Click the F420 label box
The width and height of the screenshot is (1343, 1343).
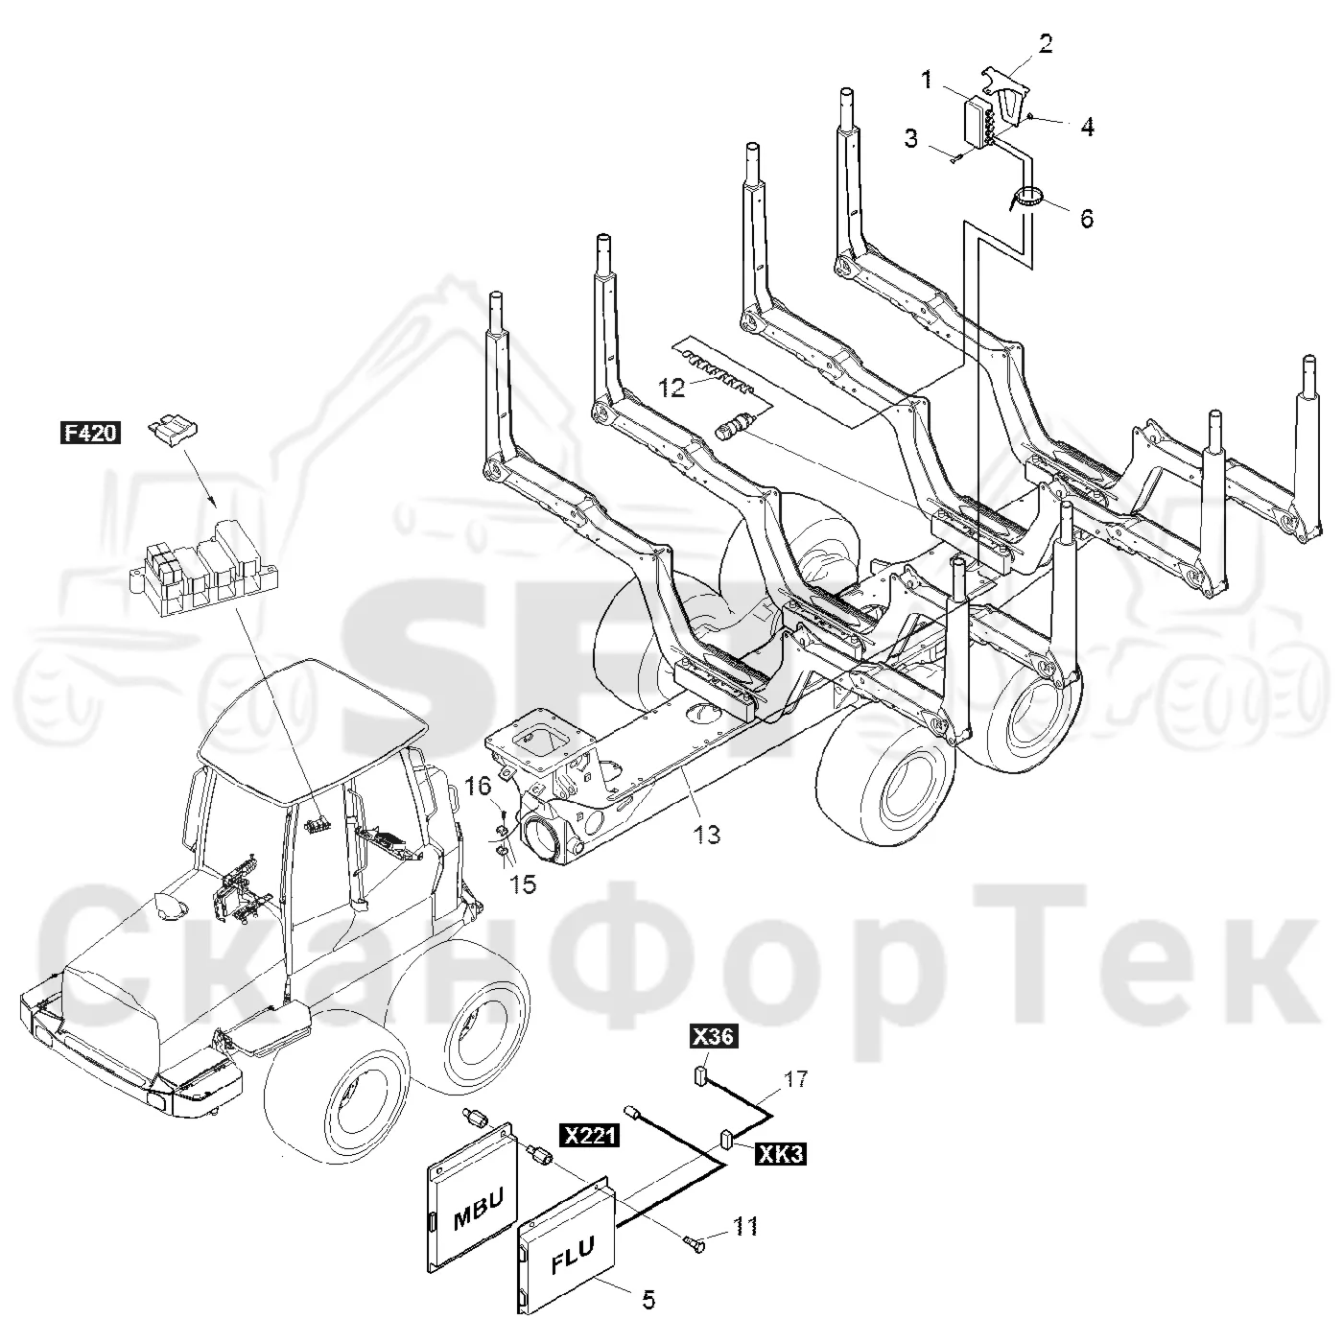90,433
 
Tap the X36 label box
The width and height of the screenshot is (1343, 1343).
713,1036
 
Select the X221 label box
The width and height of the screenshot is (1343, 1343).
590,1137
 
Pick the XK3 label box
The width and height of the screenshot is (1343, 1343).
781,1155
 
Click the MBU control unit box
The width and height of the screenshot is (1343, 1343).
472,1215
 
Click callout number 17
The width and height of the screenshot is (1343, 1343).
795,1079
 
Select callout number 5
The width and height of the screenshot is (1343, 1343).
648,1299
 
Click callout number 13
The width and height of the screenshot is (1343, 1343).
707,835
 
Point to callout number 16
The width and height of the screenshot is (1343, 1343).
479,787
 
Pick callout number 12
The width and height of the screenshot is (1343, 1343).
671,389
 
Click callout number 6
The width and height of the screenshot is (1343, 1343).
1087,219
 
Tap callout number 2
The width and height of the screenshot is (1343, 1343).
1046,44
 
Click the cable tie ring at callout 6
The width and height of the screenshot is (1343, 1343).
1025,198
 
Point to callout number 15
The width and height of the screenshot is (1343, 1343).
523,884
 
